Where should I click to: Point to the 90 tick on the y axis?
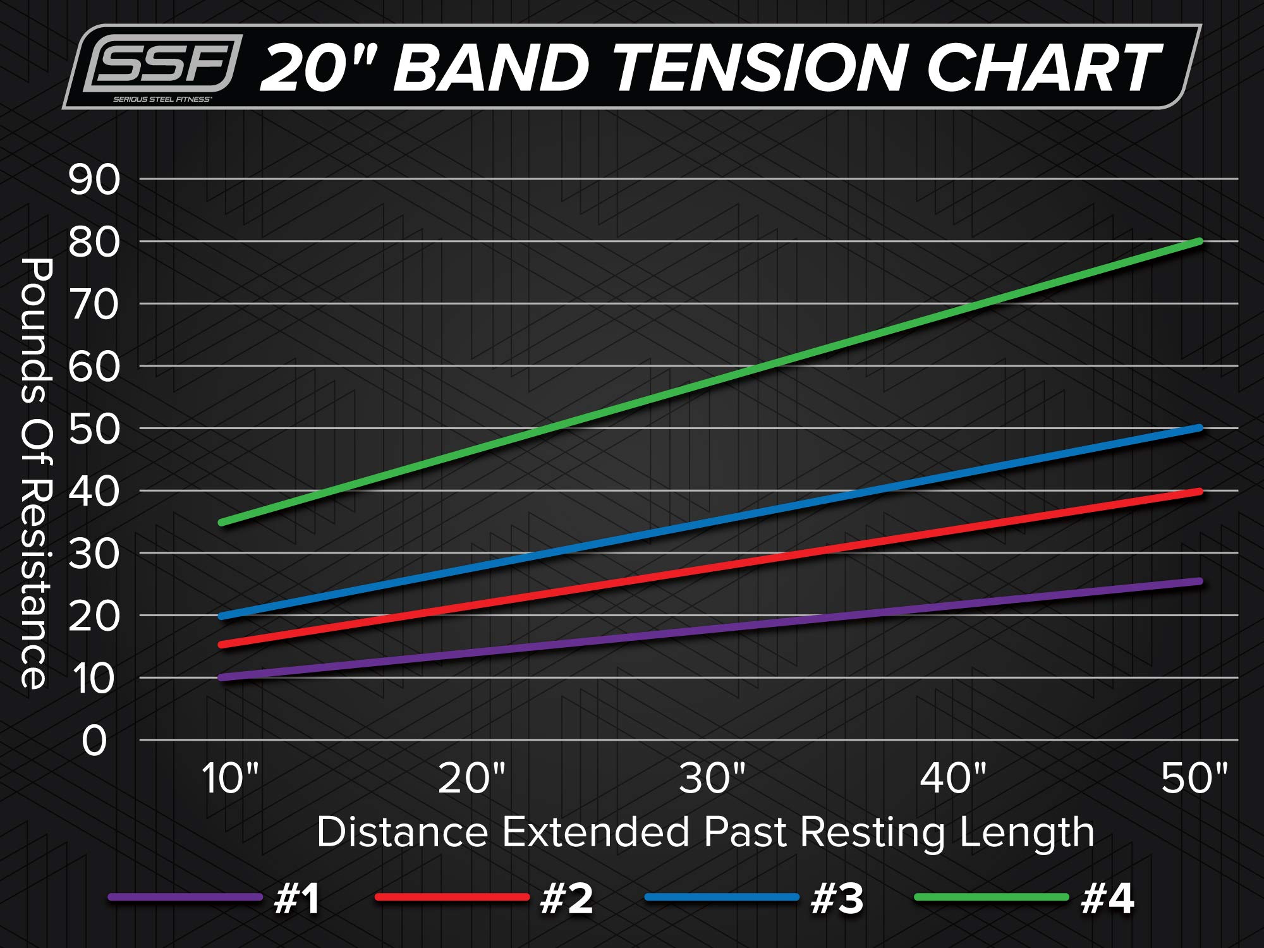coord(94,180)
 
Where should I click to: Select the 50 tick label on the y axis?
coord(94,429)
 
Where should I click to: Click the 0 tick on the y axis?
coord(94,741)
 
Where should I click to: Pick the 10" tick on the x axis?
coord(230,778)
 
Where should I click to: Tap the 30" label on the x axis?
coord(712,778)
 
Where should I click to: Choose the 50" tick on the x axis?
coord(1194,778)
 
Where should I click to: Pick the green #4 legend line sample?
coord(991,897)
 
